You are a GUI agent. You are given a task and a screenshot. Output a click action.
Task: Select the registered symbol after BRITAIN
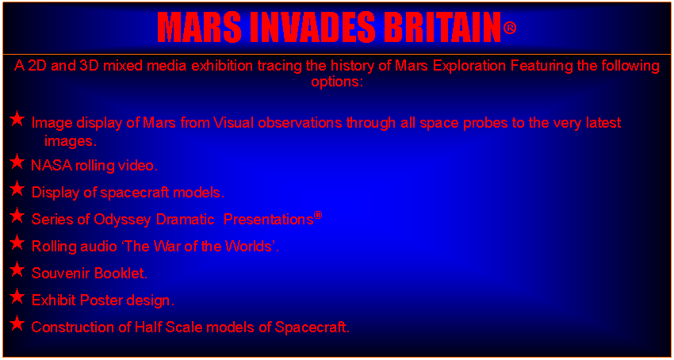pyautogui.click(x=509, y=29)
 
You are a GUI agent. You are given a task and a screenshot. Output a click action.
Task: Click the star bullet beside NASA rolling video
pyautogui.click(x=17, y=162)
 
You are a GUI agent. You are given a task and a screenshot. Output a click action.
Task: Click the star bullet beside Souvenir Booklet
pyautogui.click(x=17, y=270)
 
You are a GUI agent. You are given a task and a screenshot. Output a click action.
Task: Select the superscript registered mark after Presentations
pyautogui.click(x=318, y=216)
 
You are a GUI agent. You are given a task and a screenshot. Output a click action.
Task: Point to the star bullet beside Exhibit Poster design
pyautogui.click(x=17, y=297)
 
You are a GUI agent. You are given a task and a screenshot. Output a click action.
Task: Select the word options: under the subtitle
pyautogui.click(x=338, y=82)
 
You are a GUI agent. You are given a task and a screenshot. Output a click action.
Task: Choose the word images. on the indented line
pyautogui.click(x=71, y=141)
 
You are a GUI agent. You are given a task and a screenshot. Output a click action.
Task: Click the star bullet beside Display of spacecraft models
pyautogui.click(x=17, y=189)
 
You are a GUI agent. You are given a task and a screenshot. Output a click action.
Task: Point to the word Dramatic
pyautogui.click(x=186, y=220)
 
